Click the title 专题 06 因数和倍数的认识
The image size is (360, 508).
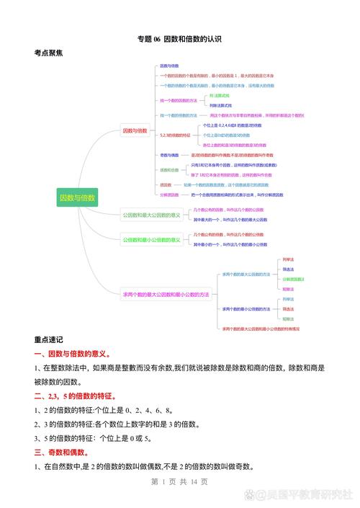pyautogui.click(x=179, y=39)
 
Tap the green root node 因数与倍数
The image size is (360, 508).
pyautogui.click(x=77, y=197)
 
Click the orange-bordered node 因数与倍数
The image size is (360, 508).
pyautogui.click(x=135, y=131)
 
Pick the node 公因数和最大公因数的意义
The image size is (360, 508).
pyautogui.click(x=151, y=215)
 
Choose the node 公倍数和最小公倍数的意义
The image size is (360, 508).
pyautogui.click(x=151, y=240)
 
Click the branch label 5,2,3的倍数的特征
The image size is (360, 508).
pyautogui.click(x=175, y=135)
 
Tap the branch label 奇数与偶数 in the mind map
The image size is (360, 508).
pyautogui.click(x=169, y=155)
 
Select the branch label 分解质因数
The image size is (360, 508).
pyautogui.click(x=169, y=195)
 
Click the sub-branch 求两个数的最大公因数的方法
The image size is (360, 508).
pyautogui.click(x=246, y=274)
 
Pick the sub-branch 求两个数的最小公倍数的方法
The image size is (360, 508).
pyautogui.click(x=246, y=308)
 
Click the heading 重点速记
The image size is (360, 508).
pyautogui.click(x=48, y=339)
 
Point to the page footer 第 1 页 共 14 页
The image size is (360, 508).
pyautogui.click(x=179, y=481)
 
